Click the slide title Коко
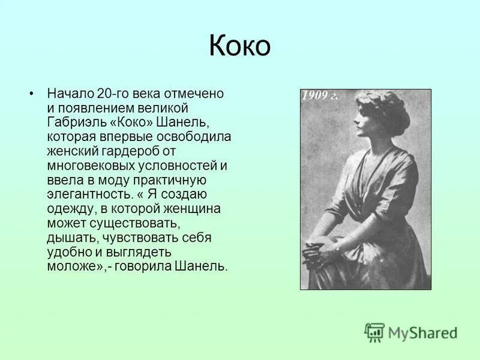tap(239, 46)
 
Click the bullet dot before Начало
tap(32, 94)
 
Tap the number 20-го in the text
tap(114, 94)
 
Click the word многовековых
tap(89, 165)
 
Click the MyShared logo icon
tap(374, 332)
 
